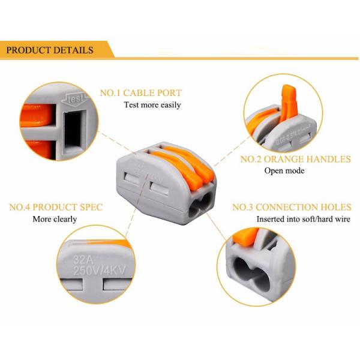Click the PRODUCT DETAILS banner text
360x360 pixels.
50,50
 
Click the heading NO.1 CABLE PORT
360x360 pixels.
140,93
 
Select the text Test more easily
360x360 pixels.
152,105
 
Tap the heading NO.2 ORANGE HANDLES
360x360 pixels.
295,159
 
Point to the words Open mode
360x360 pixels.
284,171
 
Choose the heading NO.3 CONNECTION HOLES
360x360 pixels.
292,208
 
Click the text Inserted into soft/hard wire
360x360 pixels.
303,220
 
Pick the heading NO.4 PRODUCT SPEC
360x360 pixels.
56,208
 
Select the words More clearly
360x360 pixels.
55,220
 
